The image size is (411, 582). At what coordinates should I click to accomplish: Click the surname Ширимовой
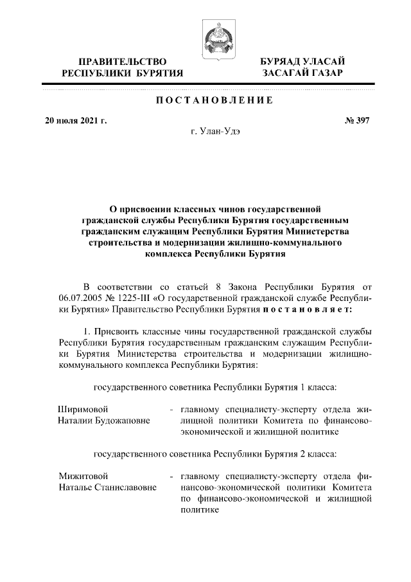pos(82,408)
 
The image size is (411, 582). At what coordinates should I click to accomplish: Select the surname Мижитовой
pos(82,476)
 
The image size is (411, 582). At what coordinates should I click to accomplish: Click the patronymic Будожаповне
pos(122,421)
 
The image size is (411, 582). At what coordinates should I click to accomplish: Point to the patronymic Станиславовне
pos(126,488)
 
